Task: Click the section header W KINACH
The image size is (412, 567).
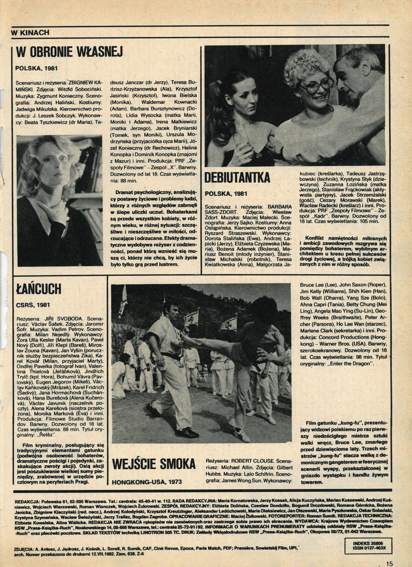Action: click(30, 32)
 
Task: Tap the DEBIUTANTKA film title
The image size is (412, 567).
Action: click(237, 177)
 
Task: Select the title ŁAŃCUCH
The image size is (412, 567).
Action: click(38, 289)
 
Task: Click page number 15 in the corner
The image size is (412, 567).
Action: click(389, 562)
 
